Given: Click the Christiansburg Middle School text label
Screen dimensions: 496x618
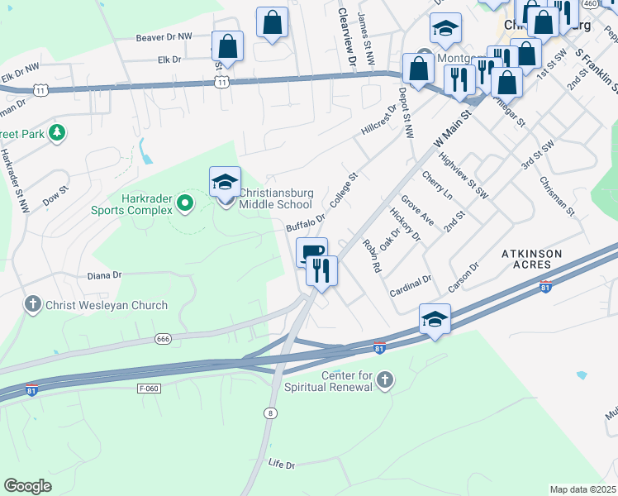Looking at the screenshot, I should pyautogui.click(x=276, y=198).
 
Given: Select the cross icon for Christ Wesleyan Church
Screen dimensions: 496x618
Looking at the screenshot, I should pyautogui.click(x=32, y=305).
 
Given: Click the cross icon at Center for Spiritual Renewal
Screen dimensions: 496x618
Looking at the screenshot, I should pyautogui.click(x=383, y=379).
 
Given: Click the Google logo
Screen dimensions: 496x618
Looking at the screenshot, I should pyautogui.click(x=27, y=486).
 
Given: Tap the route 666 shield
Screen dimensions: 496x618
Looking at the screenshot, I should pyautogui.click(x=164, y=339).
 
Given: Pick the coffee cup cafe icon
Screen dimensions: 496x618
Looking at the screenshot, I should pyautogui.click(x=312, y=252).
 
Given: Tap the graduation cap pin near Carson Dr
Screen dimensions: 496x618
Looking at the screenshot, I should pyautogui.click(x=435, y=319).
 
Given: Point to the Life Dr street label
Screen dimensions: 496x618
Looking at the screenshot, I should pyautogui.click(x=282, y=465).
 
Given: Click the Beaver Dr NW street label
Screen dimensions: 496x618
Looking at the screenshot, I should pyautogui.click(x=164, y=38).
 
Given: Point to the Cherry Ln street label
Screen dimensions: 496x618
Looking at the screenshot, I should pyautogui.click(x=437, y=186).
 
